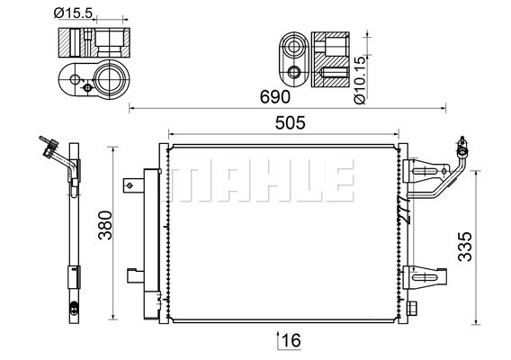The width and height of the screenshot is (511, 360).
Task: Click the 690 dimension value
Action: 274,97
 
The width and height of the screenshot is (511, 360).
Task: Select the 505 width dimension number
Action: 290,123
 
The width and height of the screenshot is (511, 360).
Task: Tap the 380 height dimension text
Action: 105,225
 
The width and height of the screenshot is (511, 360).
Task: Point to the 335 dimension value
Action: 465,247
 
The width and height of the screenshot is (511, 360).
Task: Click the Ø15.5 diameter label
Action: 74,13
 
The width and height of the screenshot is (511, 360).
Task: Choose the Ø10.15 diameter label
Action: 360,80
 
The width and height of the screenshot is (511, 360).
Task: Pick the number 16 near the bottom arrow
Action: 291,341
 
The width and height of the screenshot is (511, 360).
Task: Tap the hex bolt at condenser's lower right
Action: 412,309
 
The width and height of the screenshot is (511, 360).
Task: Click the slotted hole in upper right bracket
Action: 425,172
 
